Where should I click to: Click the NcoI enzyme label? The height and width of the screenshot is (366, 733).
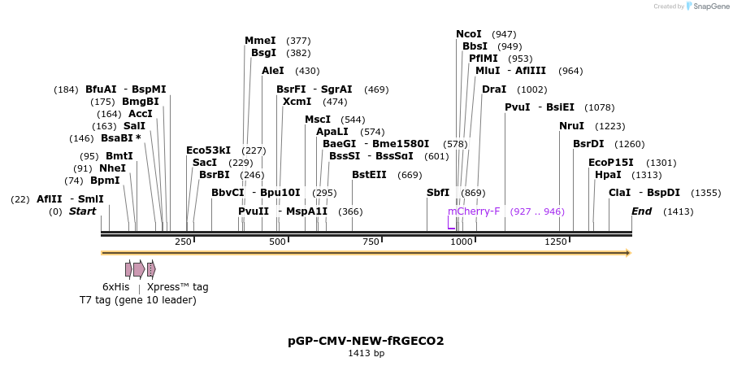click(x=469, y=34)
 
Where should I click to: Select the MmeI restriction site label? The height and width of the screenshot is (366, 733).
click(x=260, y=41)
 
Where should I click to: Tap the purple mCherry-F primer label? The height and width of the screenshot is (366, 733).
click(x=474, y=211)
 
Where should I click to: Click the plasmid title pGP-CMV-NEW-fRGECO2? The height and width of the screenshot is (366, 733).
click(x=366, y=341)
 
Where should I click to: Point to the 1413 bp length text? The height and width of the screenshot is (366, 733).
click(x=366, y=354)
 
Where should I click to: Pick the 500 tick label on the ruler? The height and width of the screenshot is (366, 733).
click(x=278, y=242)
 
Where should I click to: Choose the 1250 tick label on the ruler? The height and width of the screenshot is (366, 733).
click(x=556, y=242)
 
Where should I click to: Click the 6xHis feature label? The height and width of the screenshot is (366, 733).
click(x=115, y=287)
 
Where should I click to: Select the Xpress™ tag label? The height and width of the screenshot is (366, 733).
click(x=177, y=287)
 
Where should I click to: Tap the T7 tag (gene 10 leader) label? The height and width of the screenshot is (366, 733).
click(x=137, y=300)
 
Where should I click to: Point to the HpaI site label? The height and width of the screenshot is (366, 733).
click(x=608, y=175)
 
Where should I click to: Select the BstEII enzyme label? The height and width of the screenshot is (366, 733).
click(x=369, y=175)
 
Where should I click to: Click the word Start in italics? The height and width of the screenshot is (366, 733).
click(x=82, y=211)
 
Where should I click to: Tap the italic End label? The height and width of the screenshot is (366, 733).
click(x=642, y=211)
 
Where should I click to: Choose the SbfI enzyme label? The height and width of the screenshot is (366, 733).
click(x=438, y=193)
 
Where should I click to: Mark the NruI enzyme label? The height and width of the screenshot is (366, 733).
click(x=571, y=126)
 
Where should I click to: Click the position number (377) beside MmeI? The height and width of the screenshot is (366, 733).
click(x=298, y=41)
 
